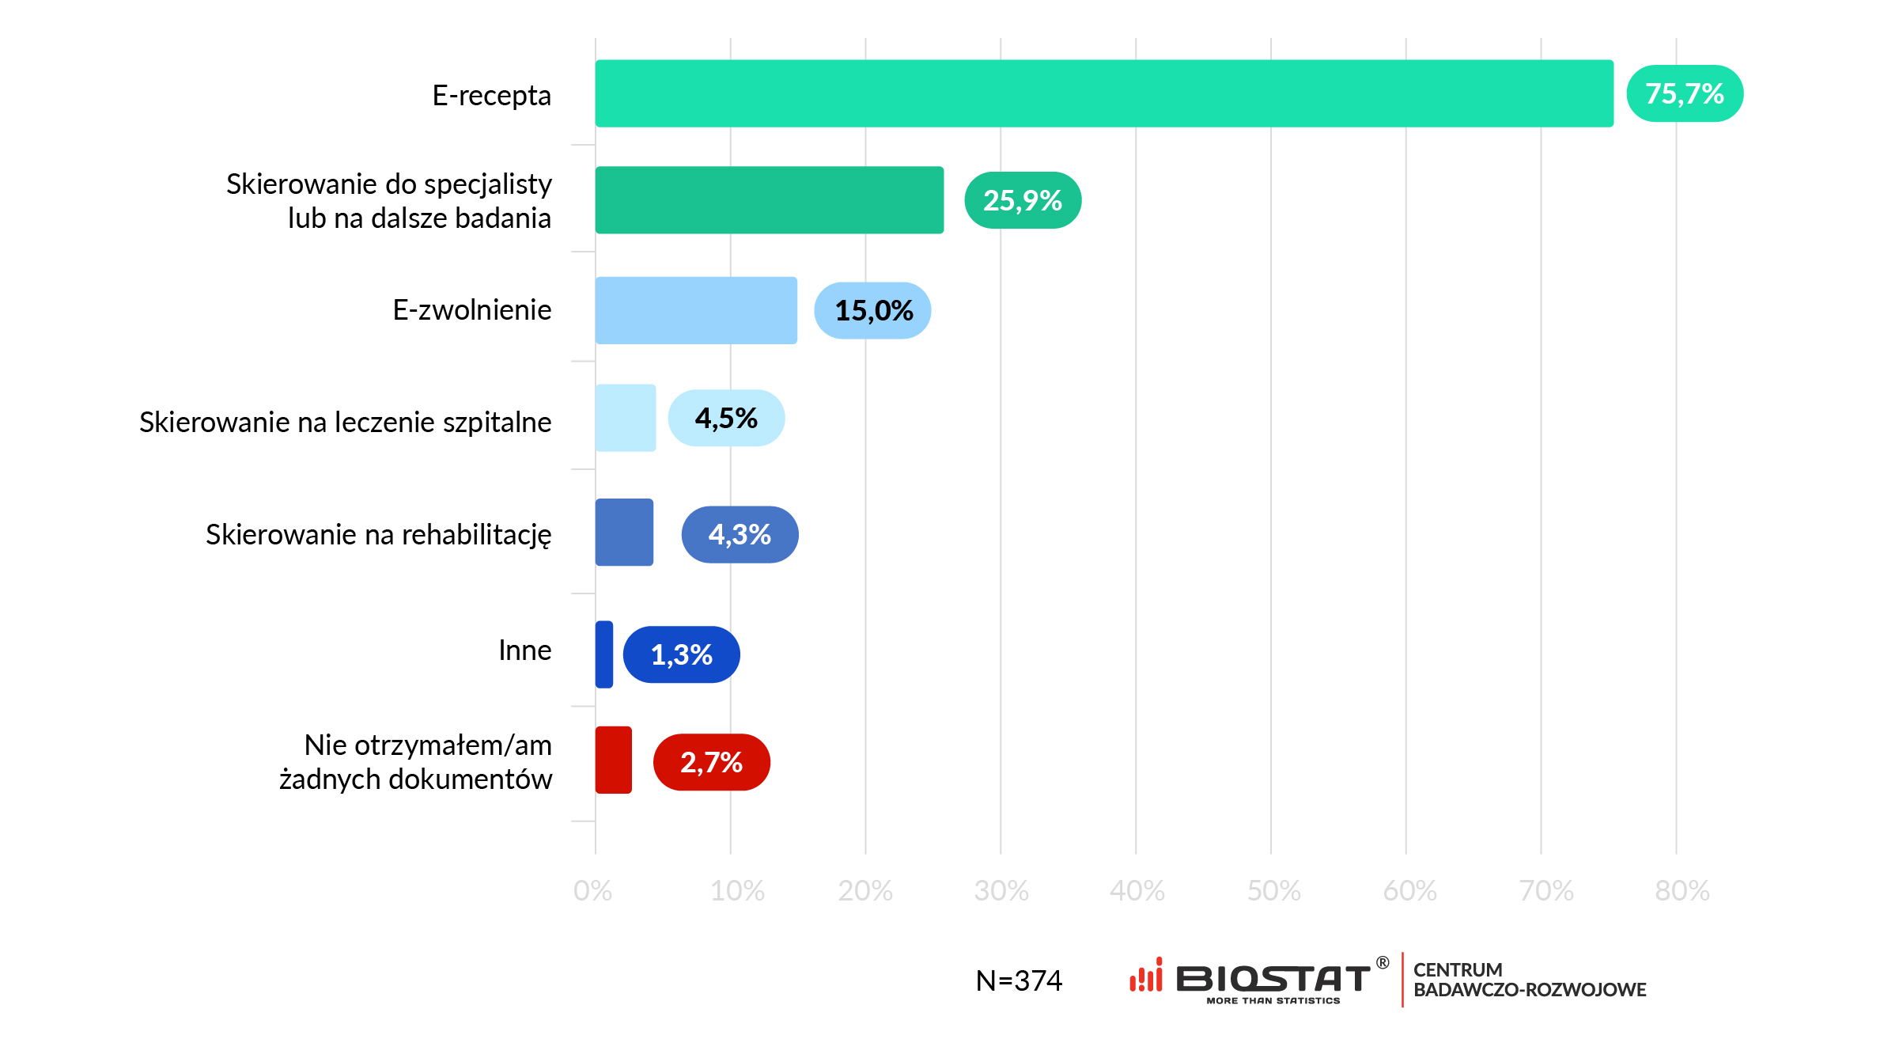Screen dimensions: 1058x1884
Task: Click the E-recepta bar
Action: coord(1103,93)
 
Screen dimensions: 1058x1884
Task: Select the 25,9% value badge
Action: coord(1022,200)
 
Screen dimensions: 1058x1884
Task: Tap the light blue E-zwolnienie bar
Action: coord(696,310)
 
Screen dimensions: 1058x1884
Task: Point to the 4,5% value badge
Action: coord(726,418)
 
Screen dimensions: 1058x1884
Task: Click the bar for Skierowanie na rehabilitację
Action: coord(624,532)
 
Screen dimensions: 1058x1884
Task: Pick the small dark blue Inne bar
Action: coord(604,654)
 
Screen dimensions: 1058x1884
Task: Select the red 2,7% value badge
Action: coord(711,762)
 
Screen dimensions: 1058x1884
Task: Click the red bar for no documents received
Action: coord(614,760)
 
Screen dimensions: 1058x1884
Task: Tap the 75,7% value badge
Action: coord(1684,93)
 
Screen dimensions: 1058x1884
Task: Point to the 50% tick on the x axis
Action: coord(1273,891)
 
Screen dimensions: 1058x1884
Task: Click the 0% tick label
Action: coord(592,891)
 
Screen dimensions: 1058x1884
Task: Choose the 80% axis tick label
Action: coord(1682,891)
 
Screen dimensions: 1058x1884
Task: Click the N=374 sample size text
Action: coord(1019,980)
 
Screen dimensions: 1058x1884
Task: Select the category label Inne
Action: coord(524,650)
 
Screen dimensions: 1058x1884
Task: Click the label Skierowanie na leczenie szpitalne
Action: coord(345,422)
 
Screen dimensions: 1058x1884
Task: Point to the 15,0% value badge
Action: coord(873,310)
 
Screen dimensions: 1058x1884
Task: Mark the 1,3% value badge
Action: coord(681,654)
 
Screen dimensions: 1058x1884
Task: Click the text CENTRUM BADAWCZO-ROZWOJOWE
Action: coord(1529,980)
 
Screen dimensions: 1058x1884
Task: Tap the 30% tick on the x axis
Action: coord(1001,891)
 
